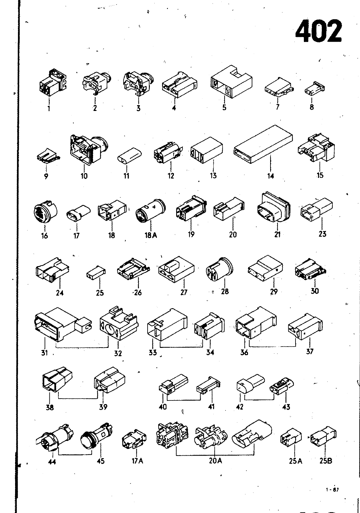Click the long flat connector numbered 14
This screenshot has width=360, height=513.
pyautogui.click(x=263, y=144)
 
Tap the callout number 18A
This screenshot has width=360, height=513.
pyautogui.click(x=151, y=235)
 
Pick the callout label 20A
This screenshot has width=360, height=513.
pyautogui.click(x=215, y=460)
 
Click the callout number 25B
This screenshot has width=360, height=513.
pyautogui.click(x=326, y=460)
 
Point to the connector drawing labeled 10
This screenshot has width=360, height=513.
pyautogui.click(x=89, y=150)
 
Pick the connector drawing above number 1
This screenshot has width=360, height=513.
pyautogui.click(x=53, y=82)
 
